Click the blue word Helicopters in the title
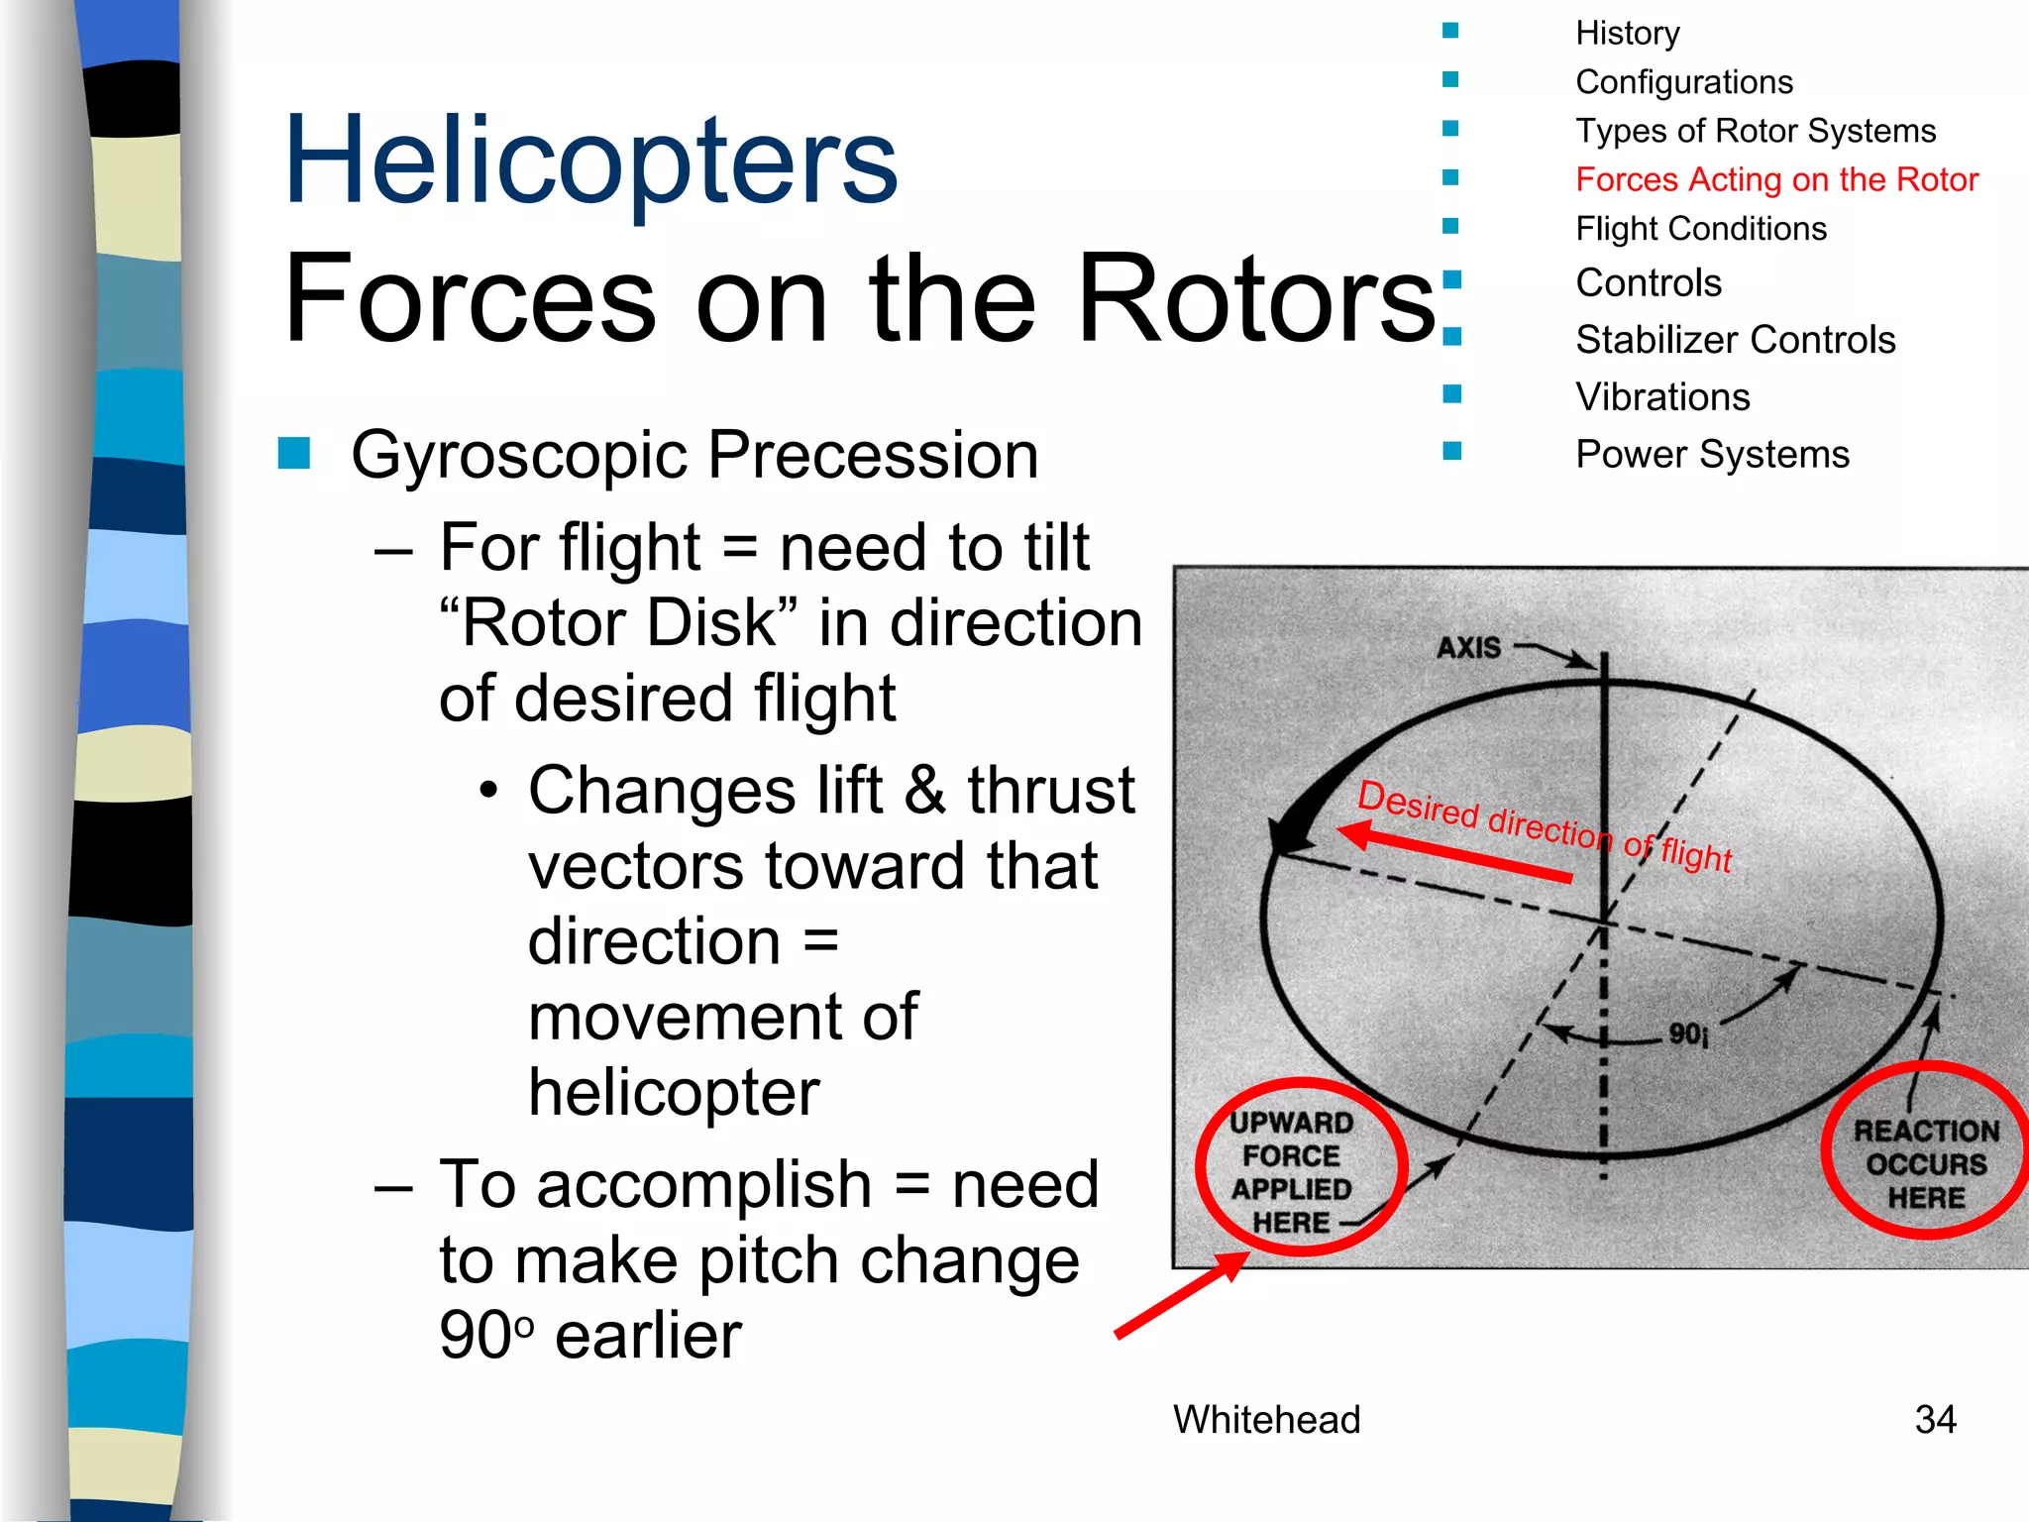pos(590,161)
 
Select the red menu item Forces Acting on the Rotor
pos(1776,179)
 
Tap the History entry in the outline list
pos(1627,33)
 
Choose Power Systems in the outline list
pos(1712,454)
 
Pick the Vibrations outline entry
pos(1662,397)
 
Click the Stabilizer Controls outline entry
pos(1735,340)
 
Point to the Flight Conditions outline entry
pos(1701,229)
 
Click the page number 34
pos(1935,1419)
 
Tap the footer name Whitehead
pos(1266,1419)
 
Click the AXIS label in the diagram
pos(1469,648)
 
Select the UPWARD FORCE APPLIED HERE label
pos(1292,1171)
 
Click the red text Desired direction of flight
pos(1544,824)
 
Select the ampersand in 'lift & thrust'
pos(924,790)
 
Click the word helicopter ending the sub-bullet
pos(674,1092)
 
